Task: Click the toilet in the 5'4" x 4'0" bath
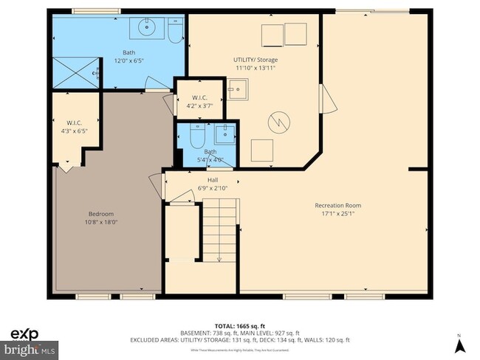pos(196,136)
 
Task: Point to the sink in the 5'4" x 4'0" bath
pos(224,134)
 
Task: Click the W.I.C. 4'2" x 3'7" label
pos(199,102)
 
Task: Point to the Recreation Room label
pos(337,210)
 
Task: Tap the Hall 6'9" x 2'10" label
pos(213,184)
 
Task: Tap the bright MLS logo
pos(30,347)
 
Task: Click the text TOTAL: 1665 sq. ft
pos(239,325)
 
